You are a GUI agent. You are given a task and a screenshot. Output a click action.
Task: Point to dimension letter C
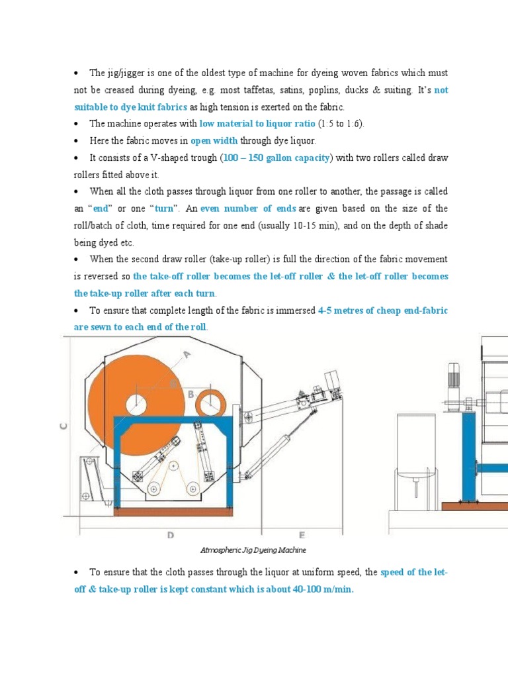tap(64, 427)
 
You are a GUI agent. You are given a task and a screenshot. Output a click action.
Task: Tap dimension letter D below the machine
tap(170, 534)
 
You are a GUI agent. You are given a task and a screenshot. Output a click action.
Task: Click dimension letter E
tap(301, 534)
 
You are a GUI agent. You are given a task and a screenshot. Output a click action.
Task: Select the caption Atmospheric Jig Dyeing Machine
tap(253, 550)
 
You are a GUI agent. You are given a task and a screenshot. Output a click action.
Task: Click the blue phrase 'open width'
tap(214, 140)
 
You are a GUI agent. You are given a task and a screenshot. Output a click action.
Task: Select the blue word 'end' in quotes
tap(101, 209)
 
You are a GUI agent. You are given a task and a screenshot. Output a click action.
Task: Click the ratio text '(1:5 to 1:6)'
tap(341, 123)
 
